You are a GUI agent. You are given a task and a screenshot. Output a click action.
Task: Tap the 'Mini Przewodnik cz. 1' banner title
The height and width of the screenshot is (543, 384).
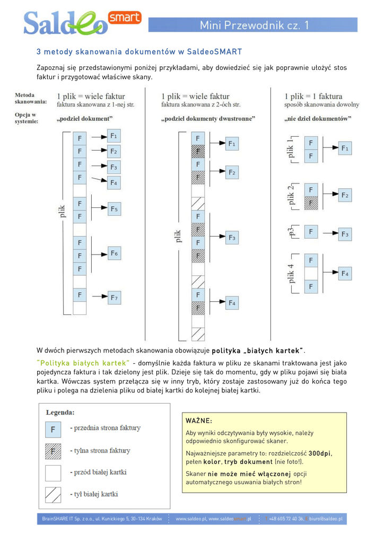[255, 25]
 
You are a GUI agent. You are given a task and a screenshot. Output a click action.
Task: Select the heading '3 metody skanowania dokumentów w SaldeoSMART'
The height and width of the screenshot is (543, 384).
[139, 52]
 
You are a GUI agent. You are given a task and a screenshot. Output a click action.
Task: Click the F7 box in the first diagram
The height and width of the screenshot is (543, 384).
[114, 297]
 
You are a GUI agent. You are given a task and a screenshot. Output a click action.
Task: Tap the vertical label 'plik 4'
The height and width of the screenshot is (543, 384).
[291, 273]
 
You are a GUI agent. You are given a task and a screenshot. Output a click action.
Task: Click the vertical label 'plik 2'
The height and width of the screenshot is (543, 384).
[291, 195]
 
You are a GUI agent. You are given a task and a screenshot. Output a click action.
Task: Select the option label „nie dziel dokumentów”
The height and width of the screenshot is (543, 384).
[318, 119]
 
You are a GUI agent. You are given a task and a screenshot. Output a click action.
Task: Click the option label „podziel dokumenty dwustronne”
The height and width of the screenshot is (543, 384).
[208, 119]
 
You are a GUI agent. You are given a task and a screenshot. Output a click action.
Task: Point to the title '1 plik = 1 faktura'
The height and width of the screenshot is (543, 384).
[313, 97]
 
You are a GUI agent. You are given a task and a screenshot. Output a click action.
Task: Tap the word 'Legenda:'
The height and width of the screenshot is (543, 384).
[60, 412]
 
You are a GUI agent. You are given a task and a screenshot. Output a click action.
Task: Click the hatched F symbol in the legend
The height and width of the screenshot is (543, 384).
[53, 451]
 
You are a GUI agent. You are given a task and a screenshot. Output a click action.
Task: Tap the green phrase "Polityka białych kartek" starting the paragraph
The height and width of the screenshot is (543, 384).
[83, 363]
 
